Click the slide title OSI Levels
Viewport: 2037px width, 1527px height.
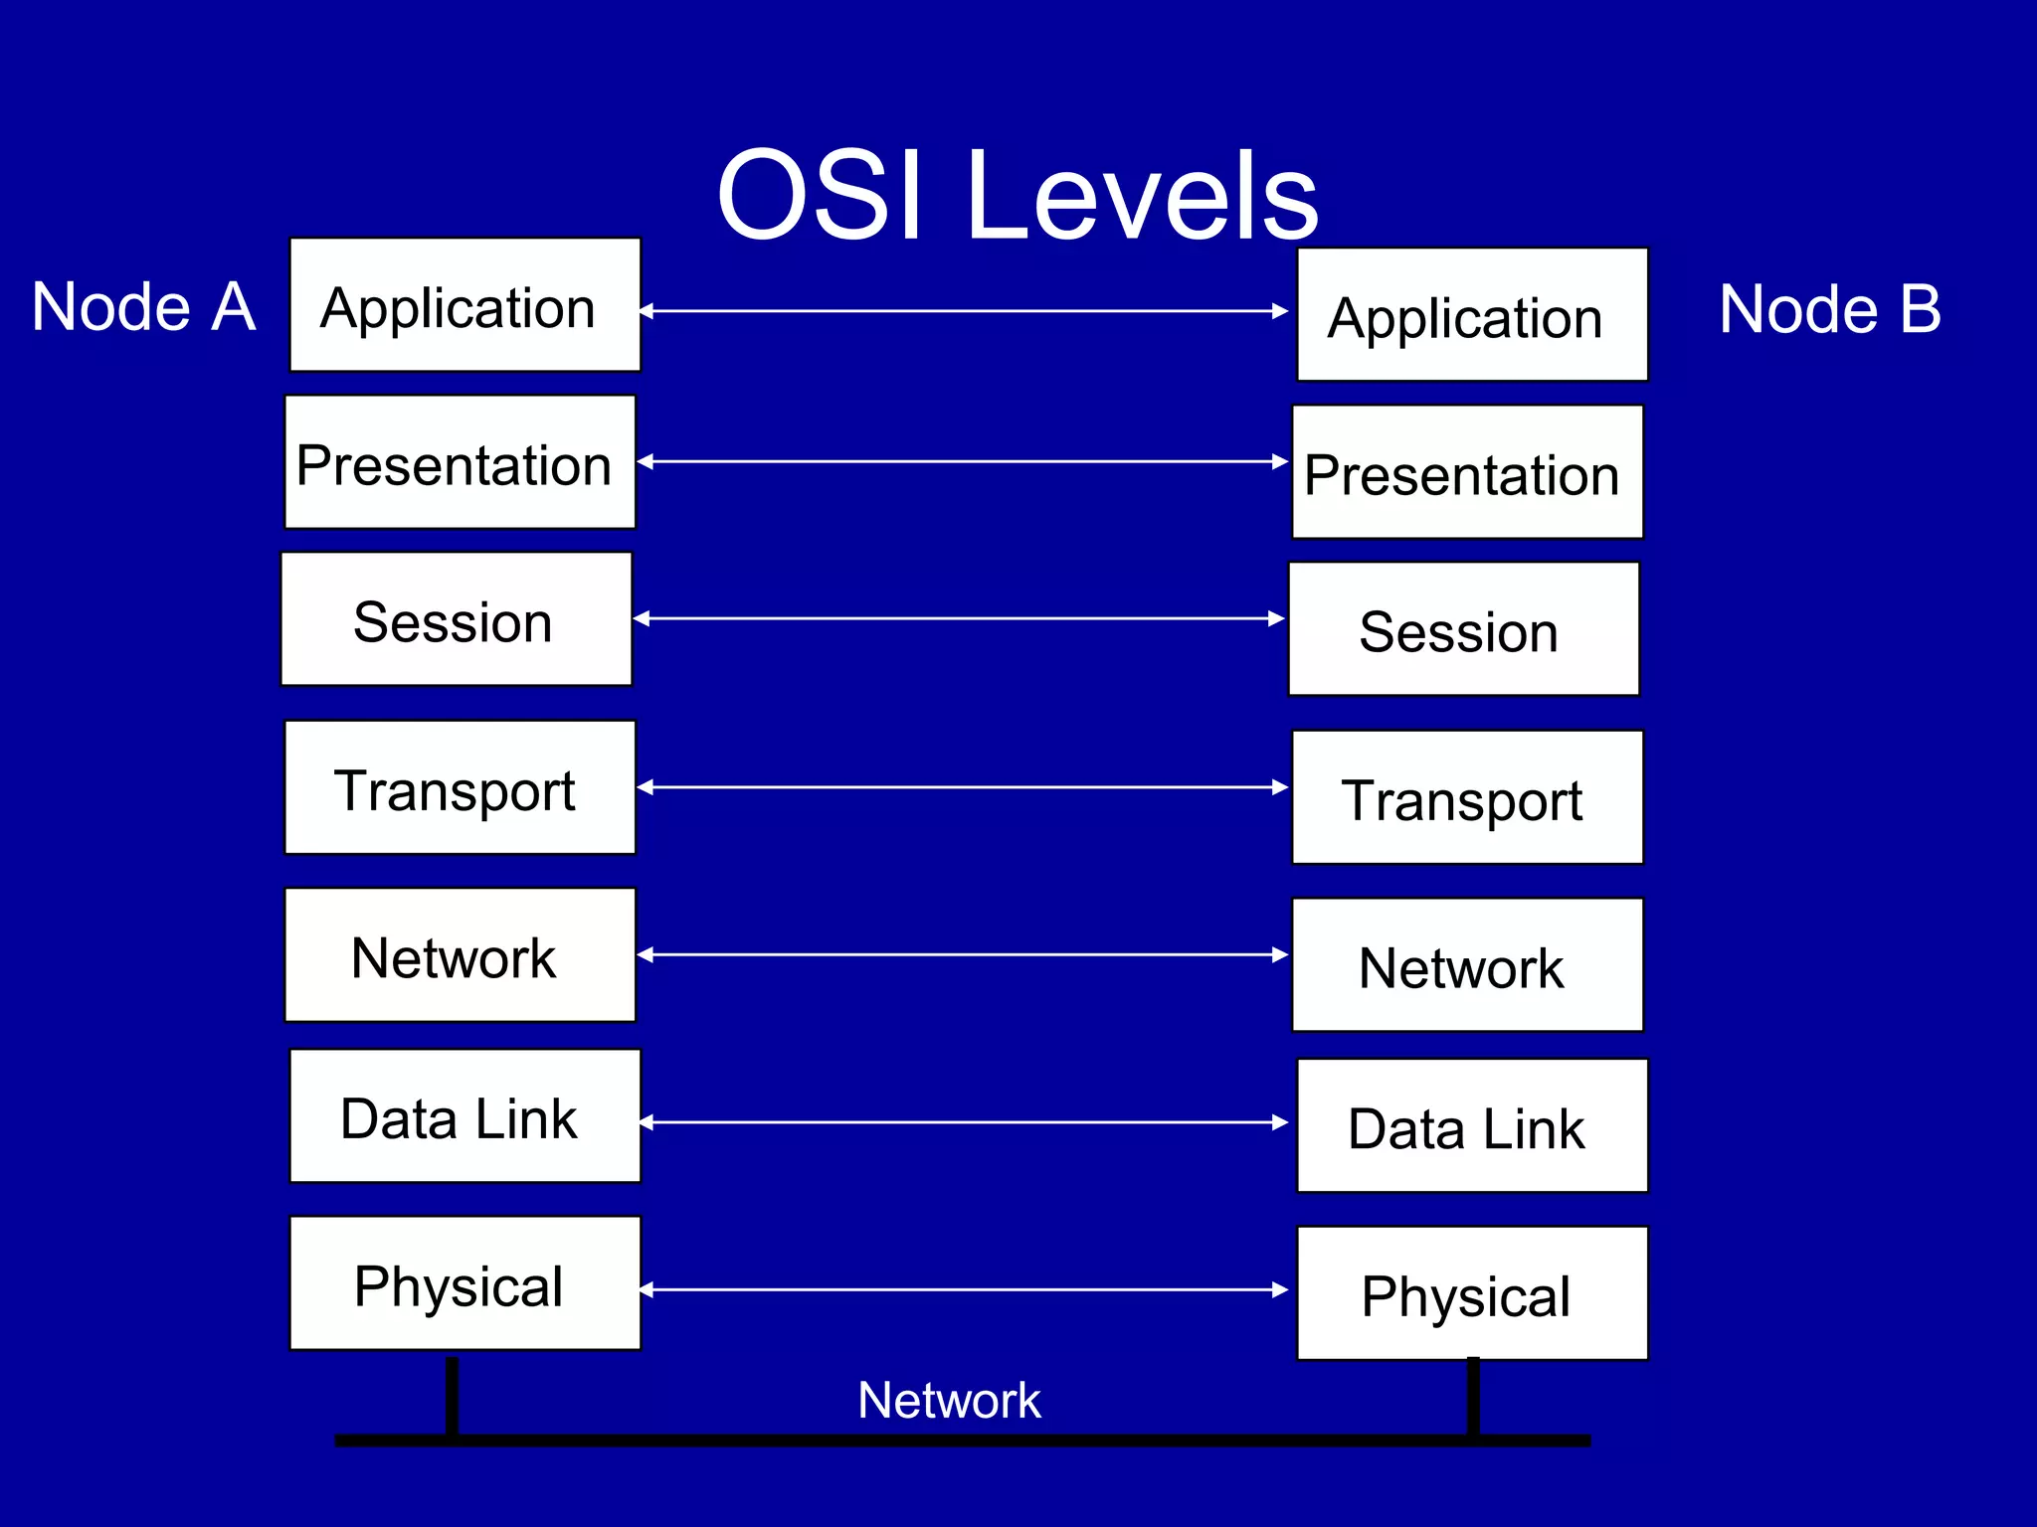click(1017, 195)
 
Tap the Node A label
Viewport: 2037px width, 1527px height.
click(143, 307)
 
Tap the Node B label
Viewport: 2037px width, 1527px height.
click(1829, 309)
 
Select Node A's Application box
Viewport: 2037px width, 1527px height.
click(464, 305)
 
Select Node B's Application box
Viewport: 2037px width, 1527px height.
click(1472, 315)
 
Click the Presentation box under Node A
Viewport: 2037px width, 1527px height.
click(460, 462)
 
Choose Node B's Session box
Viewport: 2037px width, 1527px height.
click(1463, 629)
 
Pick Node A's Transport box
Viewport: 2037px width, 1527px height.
click(460, 787)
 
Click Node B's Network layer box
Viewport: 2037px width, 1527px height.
click(1467, 965)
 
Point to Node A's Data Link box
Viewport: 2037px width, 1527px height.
click(464, 1116)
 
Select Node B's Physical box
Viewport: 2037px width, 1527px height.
click(1472, 1293)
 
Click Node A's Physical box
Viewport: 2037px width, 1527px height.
click(464, 1283)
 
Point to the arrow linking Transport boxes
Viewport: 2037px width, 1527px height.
click(963, 787)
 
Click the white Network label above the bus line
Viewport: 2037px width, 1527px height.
click(949, 1401)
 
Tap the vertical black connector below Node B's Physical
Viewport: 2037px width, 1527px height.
click(1473, 1396)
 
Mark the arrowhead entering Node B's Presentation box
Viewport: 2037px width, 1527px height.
click(1280, 461)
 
